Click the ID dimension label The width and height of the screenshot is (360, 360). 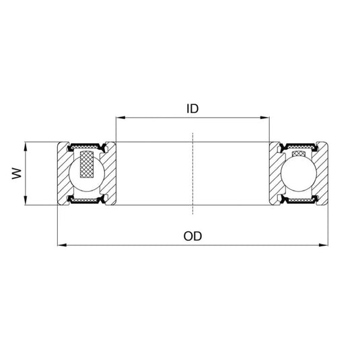pyautogui.click(x=192, y=108)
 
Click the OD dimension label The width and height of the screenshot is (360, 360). pyautogui.click(x=192, y=236)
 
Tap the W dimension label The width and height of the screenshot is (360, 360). pyautogui.click(x=16, y=174)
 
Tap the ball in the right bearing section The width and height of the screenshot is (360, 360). pyautogui.click(x=299, y=173)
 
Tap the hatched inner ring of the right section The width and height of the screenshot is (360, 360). pyautogui.click(x=276, y=173)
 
